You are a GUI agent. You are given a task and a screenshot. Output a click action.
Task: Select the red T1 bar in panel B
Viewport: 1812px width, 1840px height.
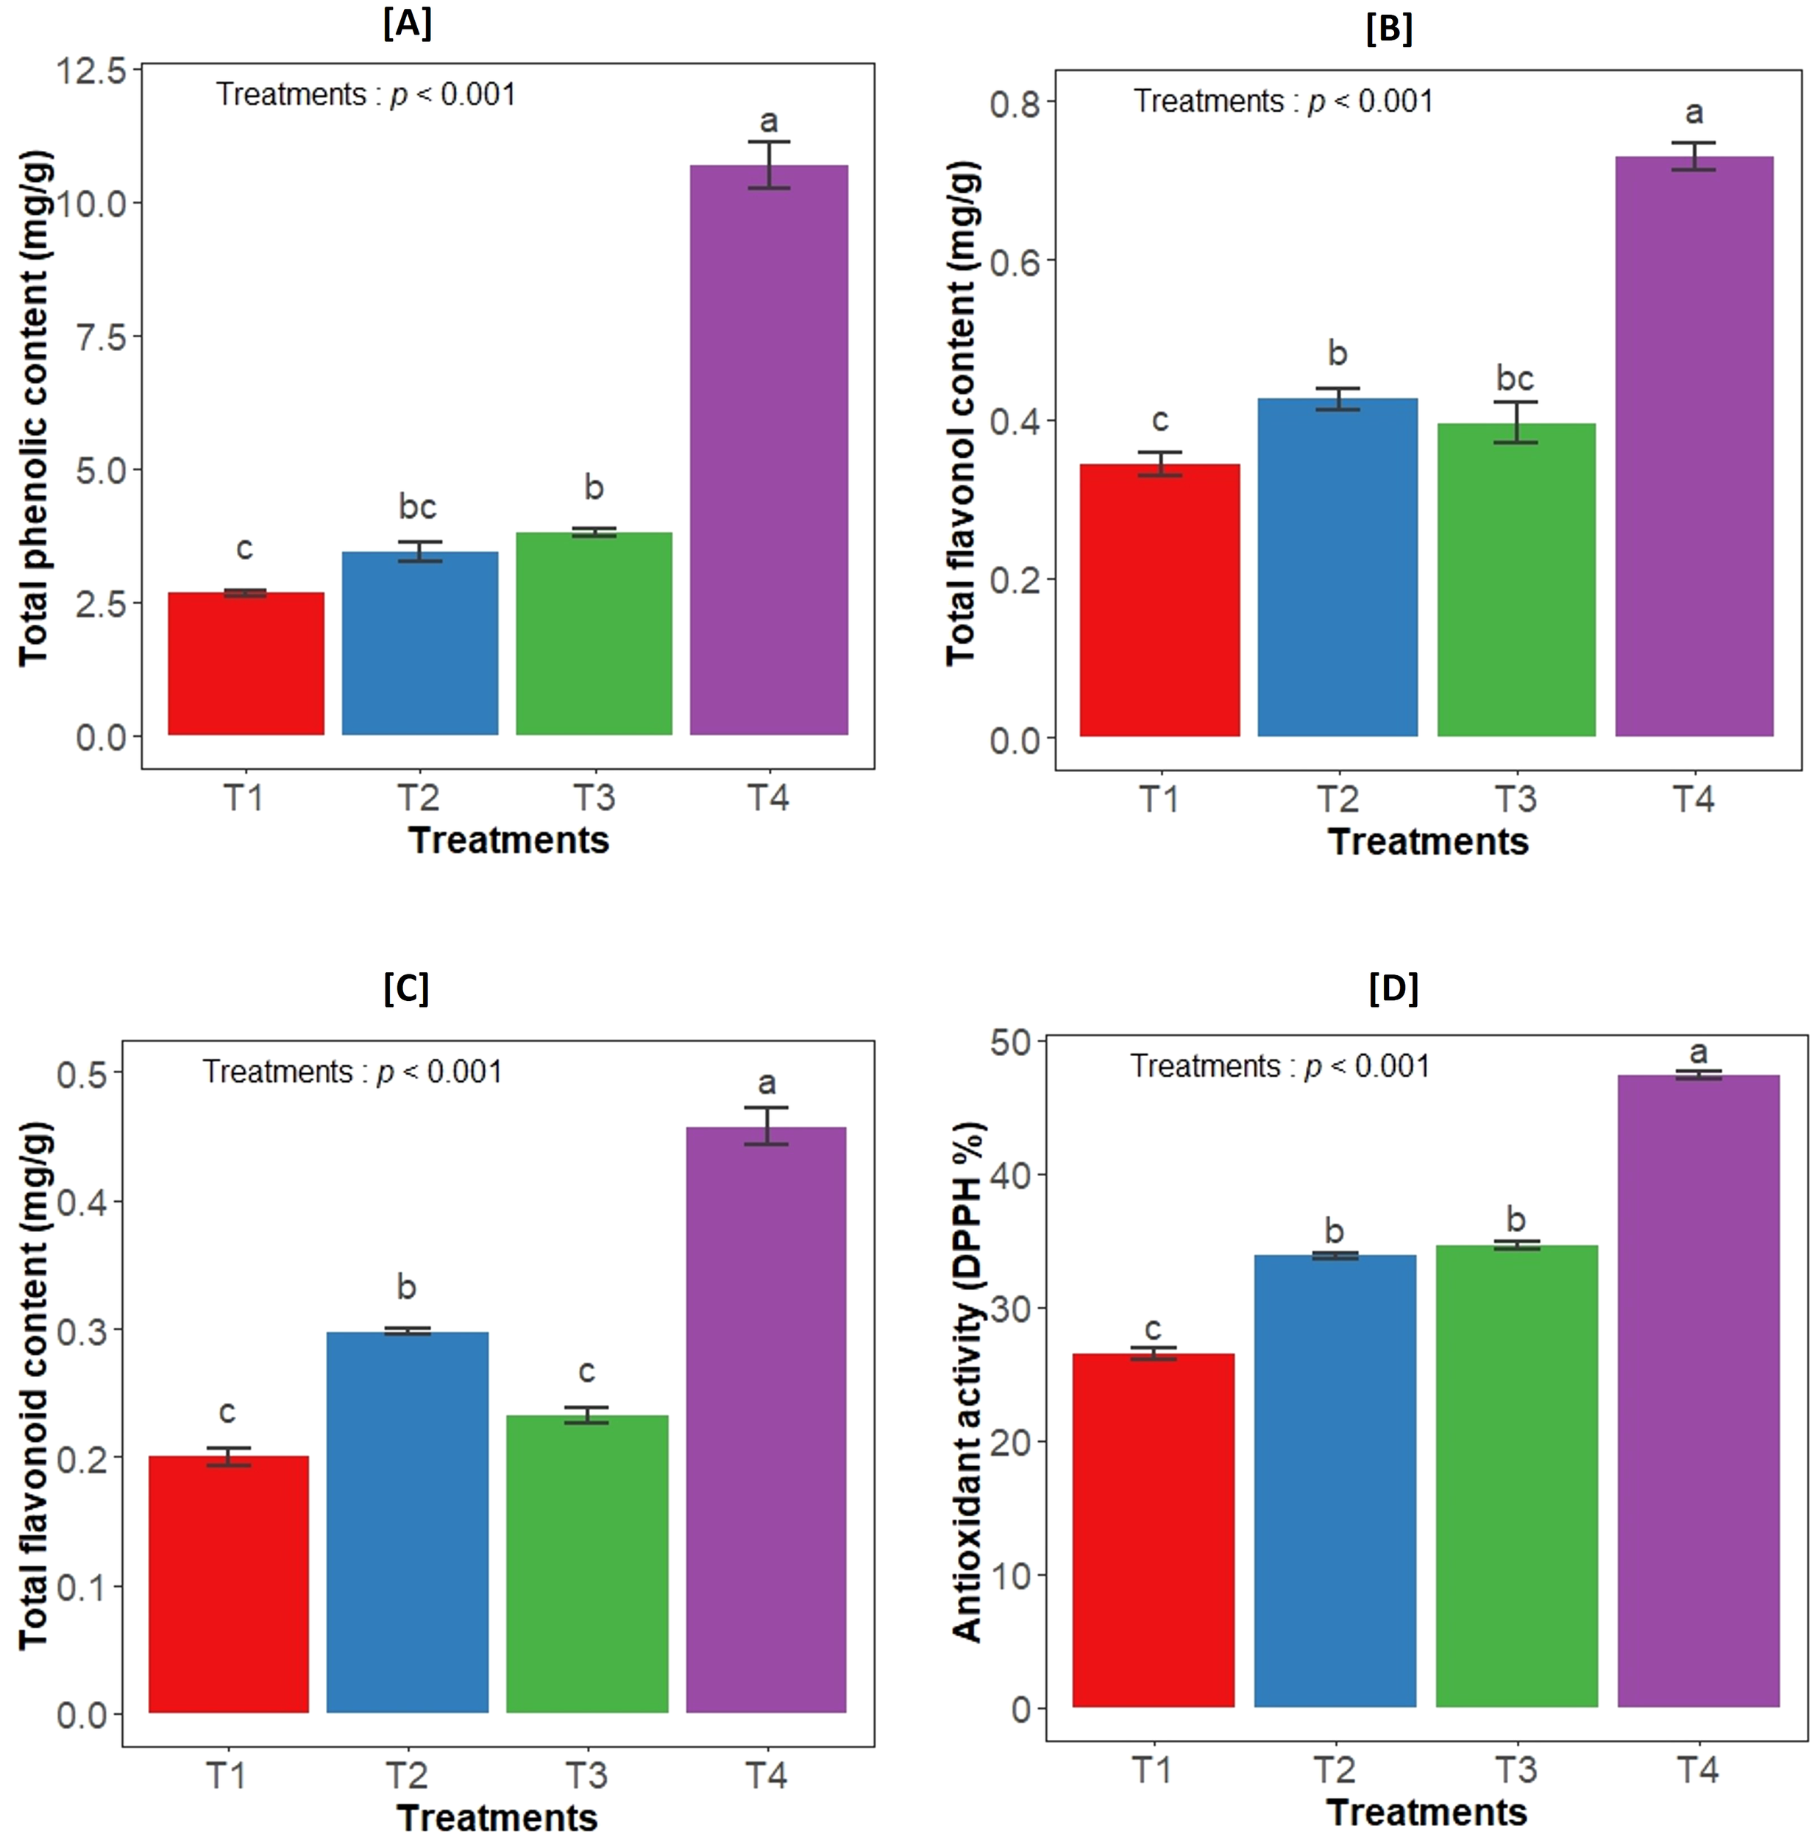coord(1159,600)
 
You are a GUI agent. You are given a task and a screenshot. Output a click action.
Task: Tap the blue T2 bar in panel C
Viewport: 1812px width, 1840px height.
coord(406,1522)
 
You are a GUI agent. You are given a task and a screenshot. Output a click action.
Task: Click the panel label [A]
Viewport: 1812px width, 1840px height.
coord(408,23)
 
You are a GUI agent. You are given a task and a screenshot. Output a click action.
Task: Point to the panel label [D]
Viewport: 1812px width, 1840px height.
coord(1393,988)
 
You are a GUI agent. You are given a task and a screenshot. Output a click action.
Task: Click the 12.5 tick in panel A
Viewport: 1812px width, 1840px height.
coord(91,71)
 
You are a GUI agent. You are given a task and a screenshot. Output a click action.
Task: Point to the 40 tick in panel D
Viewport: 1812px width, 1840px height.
coord(1011,1175)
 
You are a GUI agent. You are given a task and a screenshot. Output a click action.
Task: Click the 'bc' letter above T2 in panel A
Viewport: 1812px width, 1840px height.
coord(418,507)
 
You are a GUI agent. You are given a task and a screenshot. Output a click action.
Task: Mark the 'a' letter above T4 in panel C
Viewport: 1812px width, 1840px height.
coord(766,1083)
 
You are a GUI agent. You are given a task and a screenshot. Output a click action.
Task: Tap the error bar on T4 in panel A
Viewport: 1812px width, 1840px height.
coord(769,165)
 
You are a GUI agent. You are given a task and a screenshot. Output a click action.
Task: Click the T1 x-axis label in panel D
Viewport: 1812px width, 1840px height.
coord(1151,1769)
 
